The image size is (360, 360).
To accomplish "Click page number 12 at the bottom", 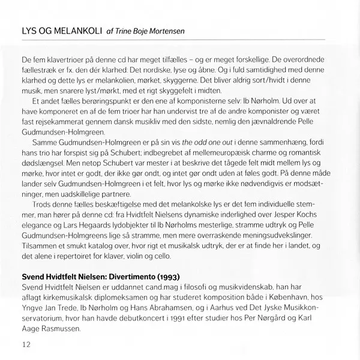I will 25,344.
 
